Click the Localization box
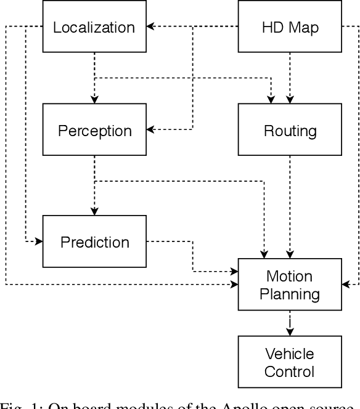tap(94, 27)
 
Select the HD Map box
tap(290, 27)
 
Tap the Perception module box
tap(94, 130)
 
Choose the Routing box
tap(290, 130)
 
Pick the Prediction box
tap(94, 241)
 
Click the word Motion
tap(289, 276)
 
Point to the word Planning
tap(289, 294)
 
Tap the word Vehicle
tap(289, 354)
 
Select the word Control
tap(289, 371)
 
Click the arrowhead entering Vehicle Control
tap(290, 332)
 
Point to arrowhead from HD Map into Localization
tap(150, 27)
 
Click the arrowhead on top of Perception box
tap(94, 100)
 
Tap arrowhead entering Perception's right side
tap(150, 130)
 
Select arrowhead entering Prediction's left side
tap(39, 241)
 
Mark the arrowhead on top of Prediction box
tap(94, 211)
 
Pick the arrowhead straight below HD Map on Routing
tap(290, 100)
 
